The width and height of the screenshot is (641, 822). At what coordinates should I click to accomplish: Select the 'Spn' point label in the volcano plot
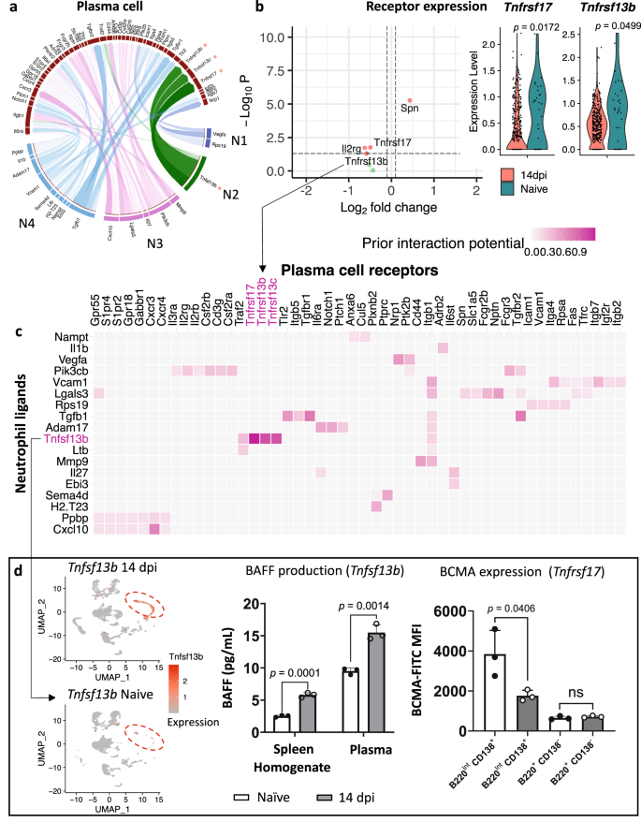[x=410, y=109]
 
